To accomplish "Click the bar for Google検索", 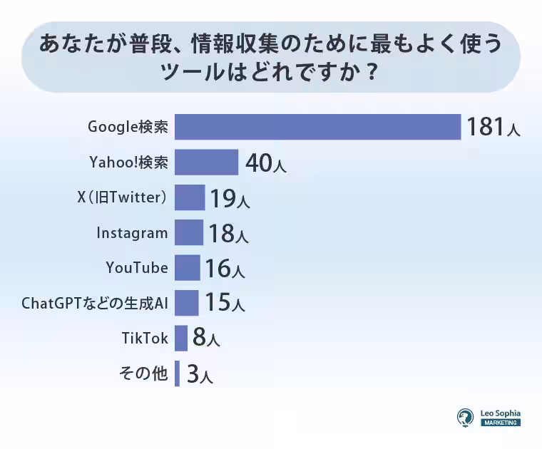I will [x=317, y=127].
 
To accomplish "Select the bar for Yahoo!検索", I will [x=206, y=162].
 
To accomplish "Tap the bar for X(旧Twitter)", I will [x=189, y=197].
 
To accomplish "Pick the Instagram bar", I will [x=188, y=232].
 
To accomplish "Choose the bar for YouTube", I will [x=187, y=267].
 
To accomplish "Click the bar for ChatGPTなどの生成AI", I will [x=186, y=302].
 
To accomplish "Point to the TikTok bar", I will [x=180, y=338].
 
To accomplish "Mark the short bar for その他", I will [x=177, y=373].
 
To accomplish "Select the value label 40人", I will [x=265, y=163].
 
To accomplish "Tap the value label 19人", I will [x=229, y=198].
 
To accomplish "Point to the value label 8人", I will [x=205, y=338].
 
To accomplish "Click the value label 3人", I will [x=199, y=373].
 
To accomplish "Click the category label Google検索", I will [x=128, y=127].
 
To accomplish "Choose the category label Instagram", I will [x=132, y=232].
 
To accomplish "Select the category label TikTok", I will [x=145, y=338].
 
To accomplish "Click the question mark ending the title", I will [x=369, y=74].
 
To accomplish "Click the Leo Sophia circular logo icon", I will [x=466, y=417].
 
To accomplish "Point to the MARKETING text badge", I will [x=500, y=423].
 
